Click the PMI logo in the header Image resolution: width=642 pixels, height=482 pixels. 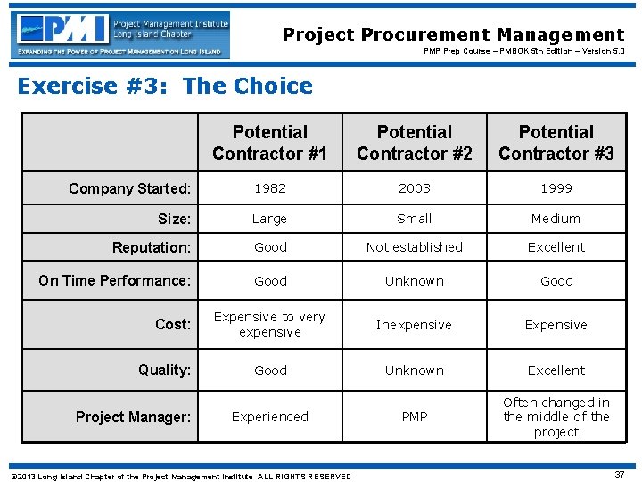point(120,34)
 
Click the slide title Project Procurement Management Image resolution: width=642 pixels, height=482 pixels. point(453,35)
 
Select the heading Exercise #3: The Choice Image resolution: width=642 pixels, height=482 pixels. point(165,86)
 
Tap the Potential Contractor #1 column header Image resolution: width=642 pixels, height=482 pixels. point(270,143)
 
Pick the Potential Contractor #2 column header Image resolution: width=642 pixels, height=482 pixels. point(415,143)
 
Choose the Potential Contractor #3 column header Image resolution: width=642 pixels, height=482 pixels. point(556,143)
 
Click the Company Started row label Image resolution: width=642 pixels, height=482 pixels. point(130,188)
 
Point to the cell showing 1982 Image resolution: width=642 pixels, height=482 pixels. point(270,188)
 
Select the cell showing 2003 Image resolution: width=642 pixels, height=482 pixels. point(415,188)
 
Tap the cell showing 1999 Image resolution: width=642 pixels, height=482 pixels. point(556,188)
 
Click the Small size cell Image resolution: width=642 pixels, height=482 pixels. point(415,219)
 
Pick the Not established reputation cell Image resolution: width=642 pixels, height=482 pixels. point(415,247)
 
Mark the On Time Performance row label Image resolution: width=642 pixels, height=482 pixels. point(115,280)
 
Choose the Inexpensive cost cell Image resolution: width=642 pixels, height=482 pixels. point(415,325)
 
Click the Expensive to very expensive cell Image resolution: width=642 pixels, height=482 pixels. point(270,325)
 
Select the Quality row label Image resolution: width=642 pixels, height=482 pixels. point(165,370)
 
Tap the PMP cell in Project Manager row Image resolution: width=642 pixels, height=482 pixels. point(415,417)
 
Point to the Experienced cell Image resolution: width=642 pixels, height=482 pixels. point(270,417)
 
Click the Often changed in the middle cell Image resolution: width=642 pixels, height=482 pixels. point(556,417)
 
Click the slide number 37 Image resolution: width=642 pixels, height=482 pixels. point(619,474)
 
